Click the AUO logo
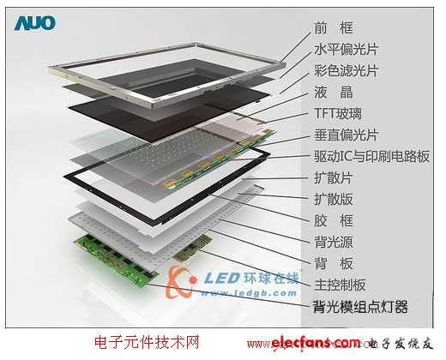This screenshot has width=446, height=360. (35, 23)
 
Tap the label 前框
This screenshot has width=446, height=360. (334, 28)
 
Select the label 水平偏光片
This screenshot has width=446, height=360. (346, 49)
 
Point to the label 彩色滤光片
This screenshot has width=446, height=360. (346, 70)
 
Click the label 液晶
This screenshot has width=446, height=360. (334, 92)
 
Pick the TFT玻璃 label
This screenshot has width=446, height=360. (338, 113)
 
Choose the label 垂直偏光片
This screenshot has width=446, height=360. (346, 135)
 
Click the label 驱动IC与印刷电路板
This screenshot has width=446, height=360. (371, 156)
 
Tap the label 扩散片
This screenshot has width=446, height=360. (334, 177)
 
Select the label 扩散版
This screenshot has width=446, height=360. (334, 199)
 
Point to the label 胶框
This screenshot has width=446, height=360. (334, 220)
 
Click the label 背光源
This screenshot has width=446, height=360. (334, 242)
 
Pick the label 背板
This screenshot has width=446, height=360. (334, 263)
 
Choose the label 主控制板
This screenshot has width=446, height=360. (340, 285)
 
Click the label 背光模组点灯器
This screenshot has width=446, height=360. (360, 307)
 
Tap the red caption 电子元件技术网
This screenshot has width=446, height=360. (147, 342)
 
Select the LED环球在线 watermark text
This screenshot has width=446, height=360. (251, 278)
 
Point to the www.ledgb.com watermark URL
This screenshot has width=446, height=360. (248, 293)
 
